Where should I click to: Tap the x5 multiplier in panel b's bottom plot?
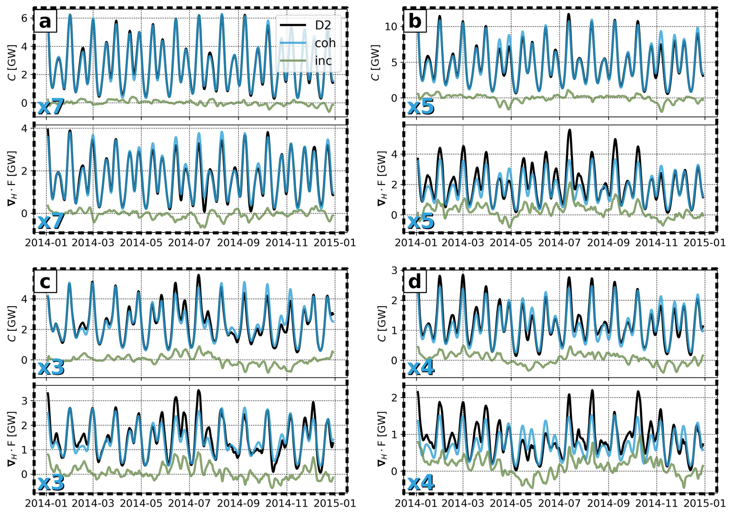click(421, 221)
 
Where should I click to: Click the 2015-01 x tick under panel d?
click(705, 504)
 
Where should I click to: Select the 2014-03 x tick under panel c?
click(93, 504)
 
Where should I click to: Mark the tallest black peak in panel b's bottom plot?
click(569, 130)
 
